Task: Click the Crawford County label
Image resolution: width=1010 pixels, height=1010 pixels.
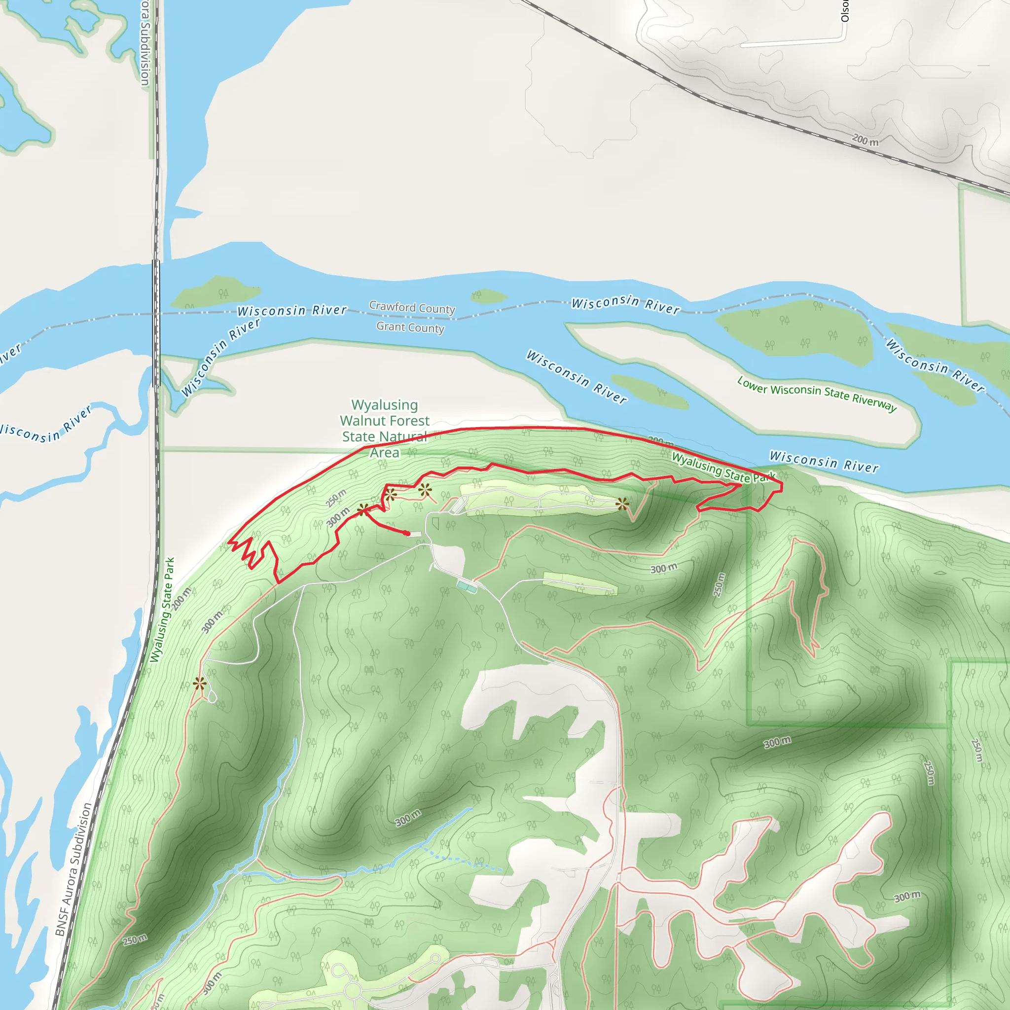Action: [412, 307]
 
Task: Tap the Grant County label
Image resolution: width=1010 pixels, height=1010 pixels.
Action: [410, 327]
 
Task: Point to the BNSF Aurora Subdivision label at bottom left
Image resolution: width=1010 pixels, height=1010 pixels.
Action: [73, 869]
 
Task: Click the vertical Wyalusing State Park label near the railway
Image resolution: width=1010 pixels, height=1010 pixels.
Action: [162, 610]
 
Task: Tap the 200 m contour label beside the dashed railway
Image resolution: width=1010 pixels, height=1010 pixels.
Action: [865, 140]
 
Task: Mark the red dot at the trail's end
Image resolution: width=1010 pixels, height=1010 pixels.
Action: [407, 533]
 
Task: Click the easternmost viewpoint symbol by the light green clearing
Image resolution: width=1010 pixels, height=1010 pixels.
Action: [622, 504]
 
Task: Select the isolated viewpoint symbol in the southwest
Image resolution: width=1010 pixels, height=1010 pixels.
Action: [200, 683]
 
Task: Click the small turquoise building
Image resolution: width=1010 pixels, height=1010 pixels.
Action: [467, 586]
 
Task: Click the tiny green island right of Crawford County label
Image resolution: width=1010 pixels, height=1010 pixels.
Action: [487, 296]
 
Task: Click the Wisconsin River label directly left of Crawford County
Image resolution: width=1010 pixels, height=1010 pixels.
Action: [292, 311]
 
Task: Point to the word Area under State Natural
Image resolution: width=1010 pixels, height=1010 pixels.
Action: [385, 453]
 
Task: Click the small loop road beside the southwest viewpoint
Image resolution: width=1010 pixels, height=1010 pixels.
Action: [212, 696]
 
